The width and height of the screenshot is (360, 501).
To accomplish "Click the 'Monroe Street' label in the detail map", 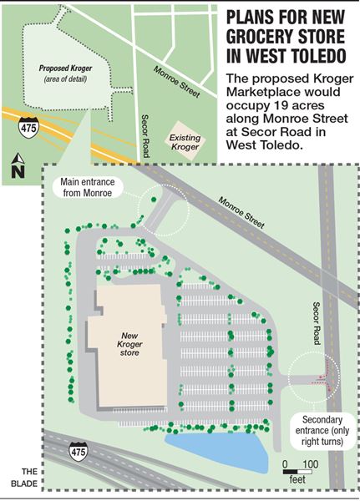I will [x=241, y=214].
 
